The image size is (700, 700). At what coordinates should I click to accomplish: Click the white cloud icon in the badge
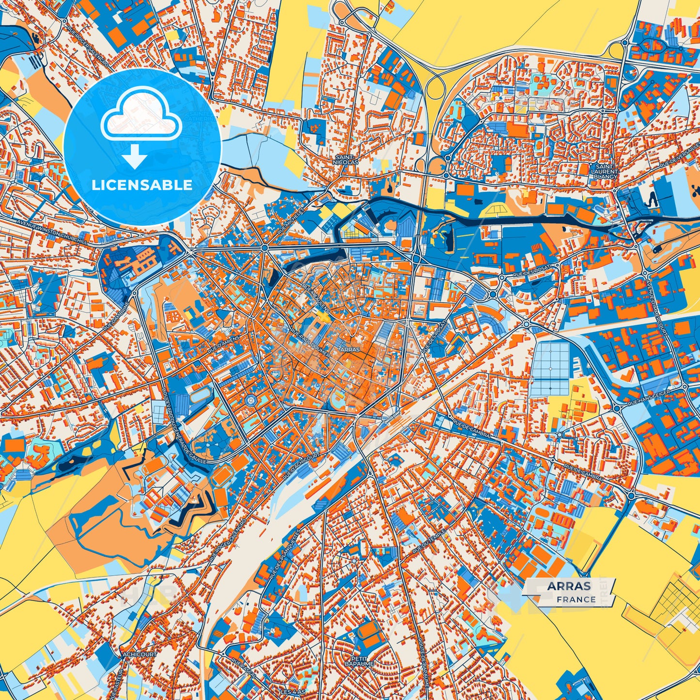(x=141, y=118)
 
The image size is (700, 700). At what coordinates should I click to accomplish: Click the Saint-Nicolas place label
(x=346, y=160)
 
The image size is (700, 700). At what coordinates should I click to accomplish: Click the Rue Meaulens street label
(x=315, y=297)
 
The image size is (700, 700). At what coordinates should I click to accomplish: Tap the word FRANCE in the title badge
(x=576, y=599)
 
